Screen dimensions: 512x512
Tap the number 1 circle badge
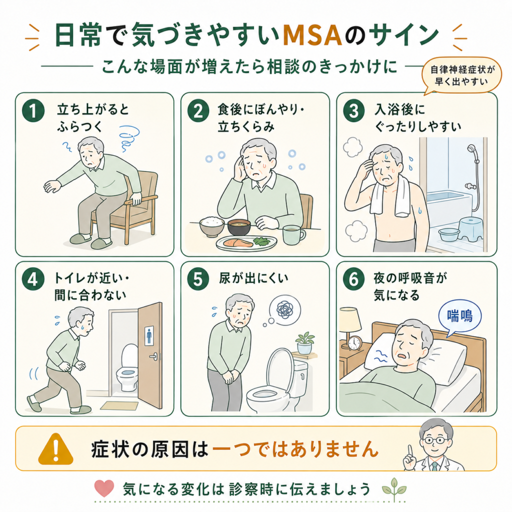[33, 110]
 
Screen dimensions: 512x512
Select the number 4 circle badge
[33, 279]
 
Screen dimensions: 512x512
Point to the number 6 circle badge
[353, 279]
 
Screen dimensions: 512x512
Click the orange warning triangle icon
[55, 449]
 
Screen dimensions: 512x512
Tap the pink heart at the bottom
[104, 488]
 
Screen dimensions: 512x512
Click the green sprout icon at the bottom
[394, 489]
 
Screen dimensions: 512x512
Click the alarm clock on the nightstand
[354, 343]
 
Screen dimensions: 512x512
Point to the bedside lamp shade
[350, 319]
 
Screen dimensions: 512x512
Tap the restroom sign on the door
[149, 335]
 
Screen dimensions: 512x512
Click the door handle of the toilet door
[154, 356]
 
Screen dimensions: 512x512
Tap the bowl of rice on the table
[212, 226]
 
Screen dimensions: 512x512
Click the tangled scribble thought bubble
[284, 309]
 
